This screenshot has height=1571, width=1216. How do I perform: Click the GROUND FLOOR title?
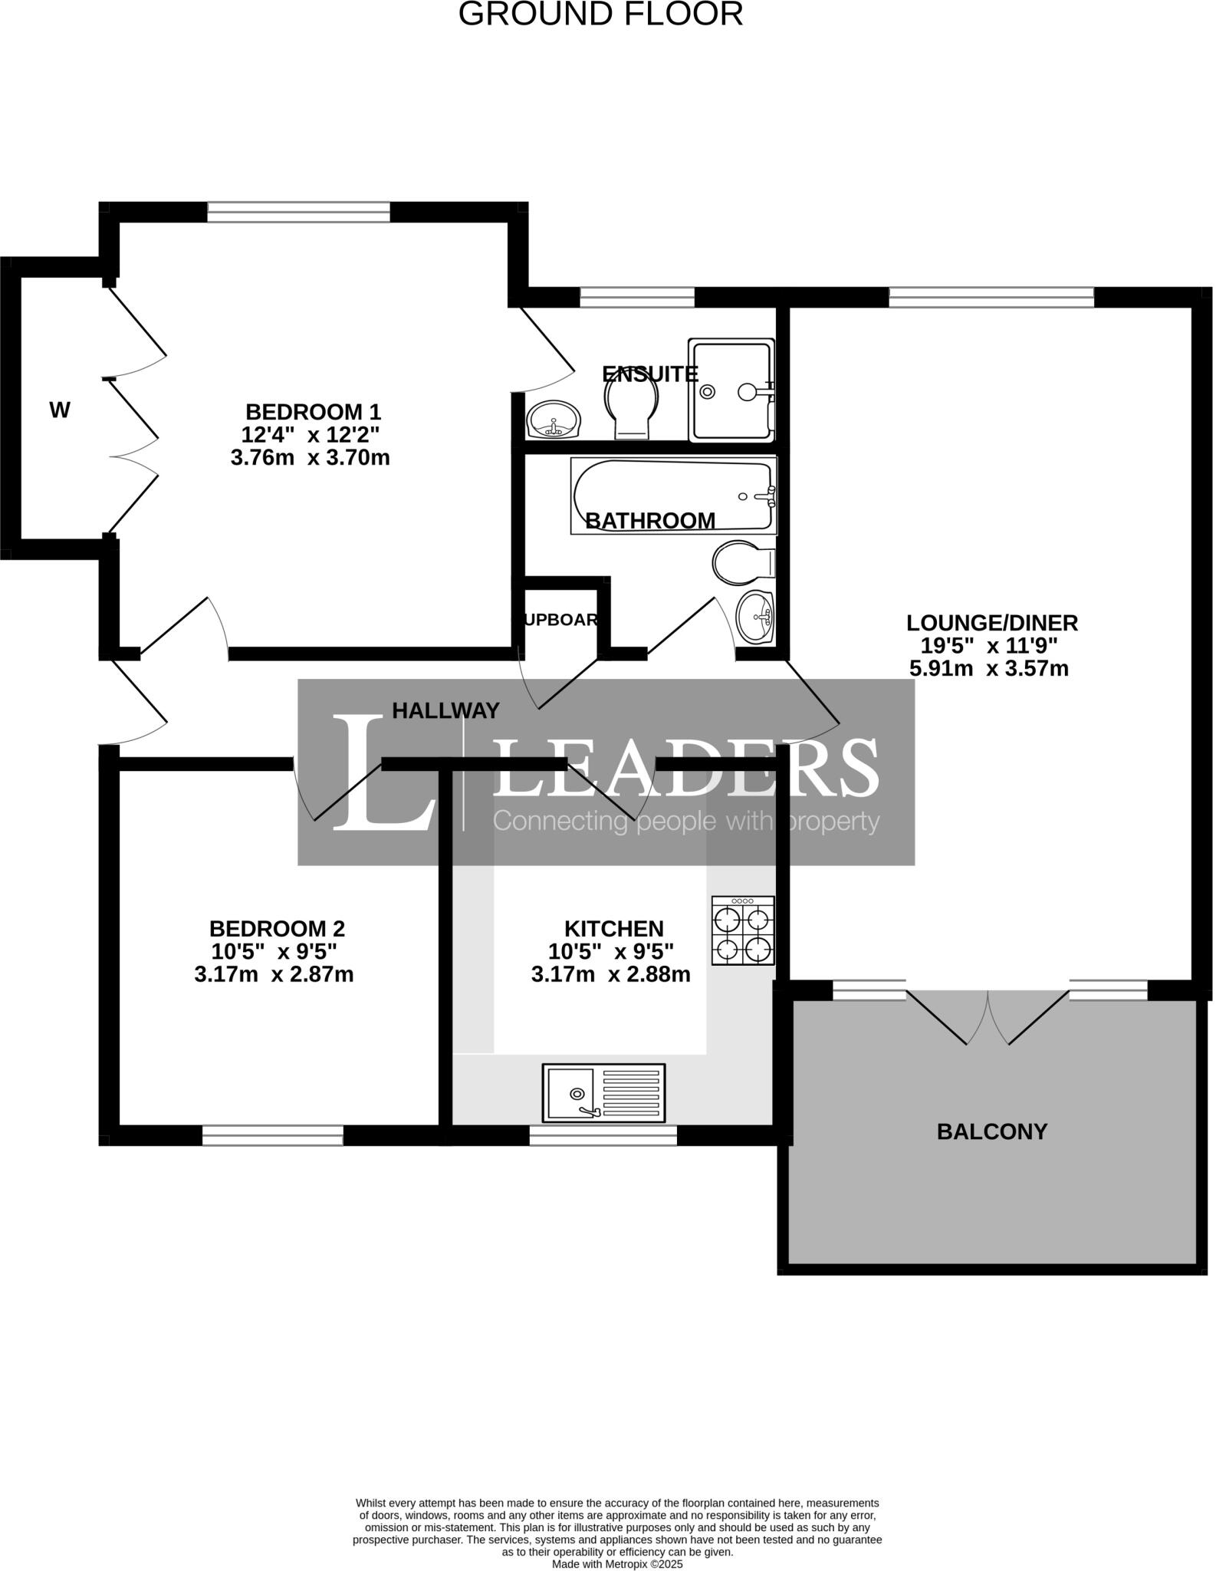point(600,14)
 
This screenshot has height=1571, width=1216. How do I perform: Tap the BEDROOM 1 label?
point(313,412)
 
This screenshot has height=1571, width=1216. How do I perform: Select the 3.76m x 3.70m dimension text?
point(310,458)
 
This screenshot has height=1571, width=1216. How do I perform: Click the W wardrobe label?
point(60,411)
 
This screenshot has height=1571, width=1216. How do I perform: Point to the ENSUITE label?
point(649,374)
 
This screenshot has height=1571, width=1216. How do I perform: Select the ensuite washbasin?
point(554,420)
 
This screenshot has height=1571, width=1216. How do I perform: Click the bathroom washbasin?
point(756,617)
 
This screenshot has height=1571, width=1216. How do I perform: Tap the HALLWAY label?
point(445,711)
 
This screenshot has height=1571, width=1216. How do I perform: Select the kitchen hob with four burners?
point(742,930)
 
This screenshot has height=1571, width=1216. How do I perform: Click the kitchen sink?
point(603,1092)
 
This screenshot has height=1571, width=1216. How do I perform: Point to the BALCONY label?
point(991,1131)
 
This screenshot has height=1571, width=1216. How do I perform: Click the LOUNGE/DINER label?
point(991,623)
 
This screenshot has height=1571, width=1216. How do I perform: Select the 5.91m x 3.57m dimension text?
point(988,669)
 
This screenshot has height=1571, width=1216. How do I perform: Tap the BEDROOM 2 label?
point(277,929)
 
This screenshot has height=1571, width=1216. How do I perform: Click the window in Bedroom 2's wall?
point(272,1135)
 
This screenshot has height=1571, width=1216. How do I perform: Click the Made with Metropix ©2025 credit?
point(617,1564)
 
